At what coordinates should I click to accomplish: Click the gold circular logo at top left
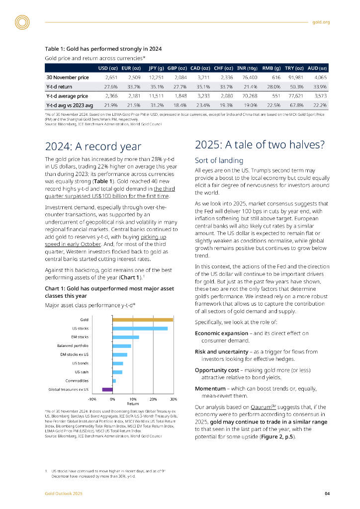pos(22,22)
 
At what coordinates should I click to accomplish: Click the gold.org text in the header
pos(321,22)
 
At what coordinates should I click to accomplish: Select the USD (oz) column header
pos(107,68)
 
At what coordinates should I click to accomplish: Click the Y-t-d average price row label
pos(67,95)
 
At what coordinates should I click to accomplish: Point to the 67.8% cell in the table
pos(297,105)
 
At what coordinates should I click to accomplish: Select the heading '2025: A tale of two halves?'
pos(260,145)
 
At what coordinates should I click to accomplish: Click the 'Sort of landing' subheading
pos(219,161)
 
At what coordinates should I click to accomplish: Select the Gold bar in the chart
pos(143,320)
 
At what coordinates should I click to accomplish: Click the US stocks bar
pos(140,328)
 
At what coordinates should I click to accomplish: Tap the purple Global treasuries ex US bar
pos(107,389)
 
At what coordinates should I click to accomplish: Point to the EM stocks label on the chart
pos(80,337)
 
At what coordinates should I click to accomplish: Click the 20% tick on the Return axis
pos(153,399)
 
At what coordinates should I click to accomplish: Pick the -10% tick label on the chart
pos(92,399)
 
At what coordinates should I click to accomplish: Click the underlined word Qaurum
pos(264,407)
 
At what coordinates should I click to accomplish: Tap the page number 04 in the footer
pos(327,494)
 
